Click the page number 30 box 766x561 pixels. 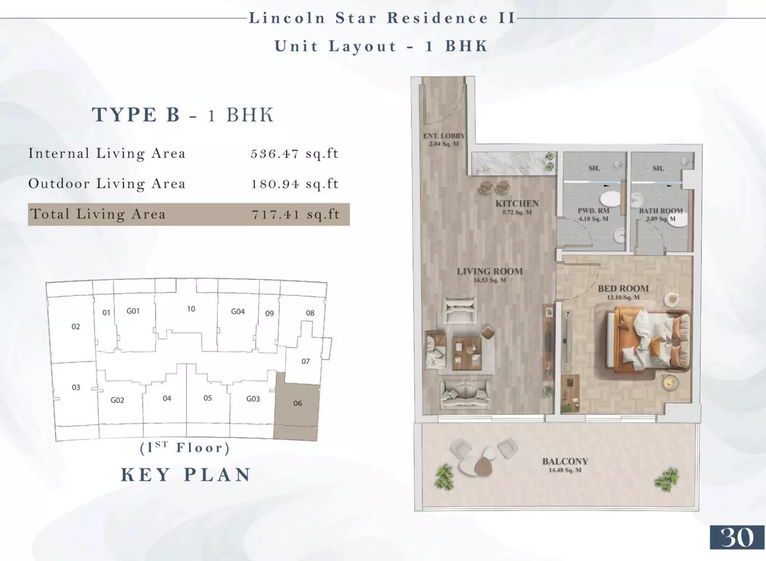(x=737, y=537)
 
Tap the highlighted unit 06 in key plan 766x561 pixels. (x=297, y=407)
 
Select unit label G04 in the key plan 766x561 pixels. (x=238, y=312)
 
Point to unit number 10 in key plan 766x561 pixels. (x=191, y=309)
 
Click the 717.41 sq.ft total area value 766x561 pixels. (x=296, y=214)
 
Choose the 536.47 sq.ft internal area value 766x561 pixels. (x=295, y=154)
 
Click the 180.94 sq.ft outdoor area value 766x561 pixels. (x=295, y=184)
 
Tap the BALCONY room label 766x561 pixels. (x=565, y=461)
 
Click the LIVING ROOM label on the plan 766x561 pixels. (x=490, y=272)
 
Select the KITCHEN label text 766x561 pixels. (x=517, y=203)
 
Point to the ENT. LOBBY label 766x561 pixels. (x=444, y=136)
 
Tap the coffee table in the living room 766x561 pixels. (x=467, y=354)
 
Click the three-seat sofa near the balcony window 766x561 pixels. (x=465, y=395)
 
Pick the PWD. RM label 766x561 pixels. (x=593, y=211)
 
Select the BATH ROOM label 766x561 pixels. (x=661, y=211)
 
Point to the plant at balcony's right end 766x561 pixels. (x=666, y=480)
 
